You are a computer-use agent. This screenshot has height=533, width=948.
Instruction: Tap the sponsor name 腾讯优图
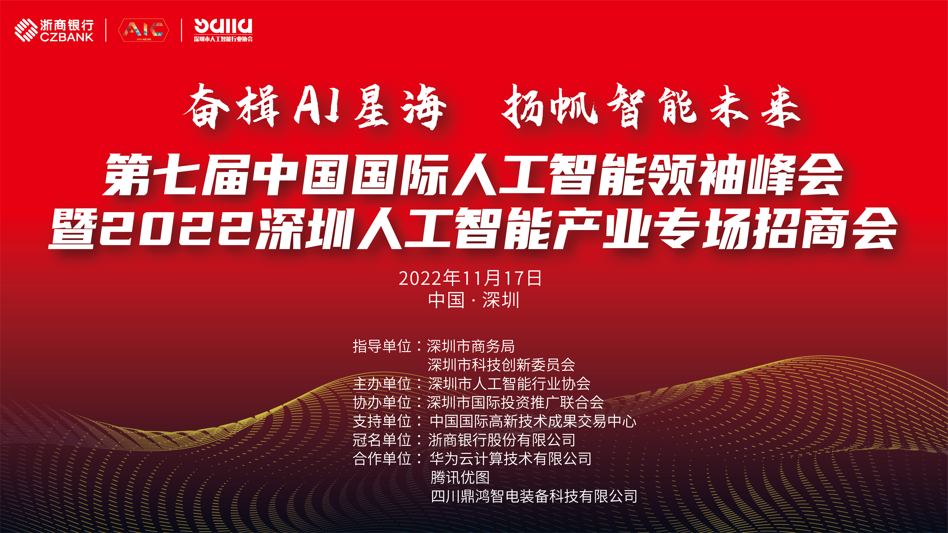460,477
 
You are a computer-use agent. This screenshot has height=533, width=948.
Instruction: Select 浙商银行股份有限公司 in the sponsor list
502,440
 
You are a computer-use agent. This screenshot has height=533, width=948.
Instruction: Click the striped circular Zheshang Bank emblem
26,30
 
